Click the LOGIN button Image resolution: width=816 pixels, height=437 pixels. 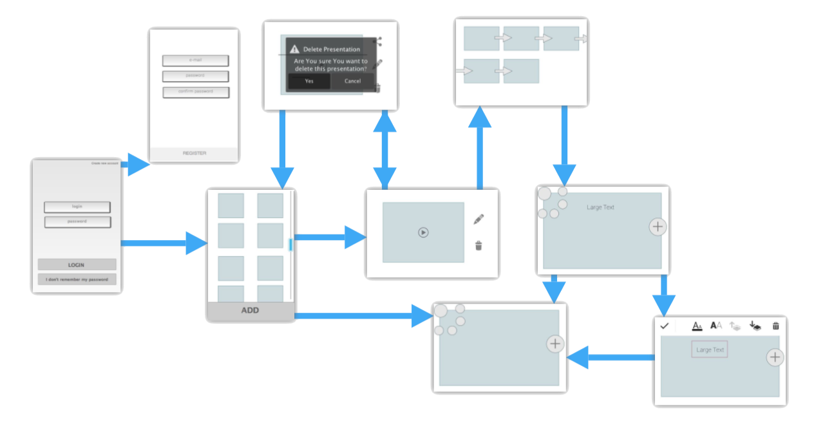click(77, 265)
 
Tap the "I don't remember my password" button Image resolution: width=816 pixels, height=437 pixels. click(77, 279)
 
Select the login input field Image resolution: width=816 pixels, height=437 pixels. click(77, 207)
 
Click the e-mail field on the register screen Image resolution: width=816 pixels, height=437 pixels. click(195, 60)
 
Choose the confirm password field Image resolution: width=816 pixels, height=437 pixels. click(195, 91)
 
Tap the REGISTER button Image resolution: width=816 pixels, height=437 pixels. click(194, 153)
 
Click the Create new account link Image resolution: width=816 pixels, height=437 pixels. click(105, 163)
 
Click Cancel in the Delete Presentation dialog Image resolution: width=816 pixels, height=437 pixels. click(352, 81)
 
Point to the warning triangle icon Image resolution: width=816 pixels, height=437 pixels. click(294, 49)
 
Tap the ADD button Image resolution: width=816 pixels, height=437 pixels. click(250, 310)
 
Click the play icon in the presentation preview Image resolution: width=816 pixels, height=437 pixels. click(423, 232)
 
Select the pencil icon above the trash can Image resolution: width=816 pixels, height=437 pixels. click(479, 219)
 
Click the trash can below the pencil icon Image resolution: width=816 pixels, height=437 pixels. click(479, 245)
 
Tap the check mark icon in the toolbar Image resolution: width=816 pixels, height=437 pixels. click(665, 326)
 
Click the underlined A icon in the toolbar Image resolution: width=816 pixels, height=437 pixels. click(697, 326)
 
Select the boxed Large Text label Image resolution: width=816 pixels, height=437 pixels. click(710, 349)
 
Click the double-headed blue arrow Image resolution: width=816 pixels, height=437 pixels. click(385, 149)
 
